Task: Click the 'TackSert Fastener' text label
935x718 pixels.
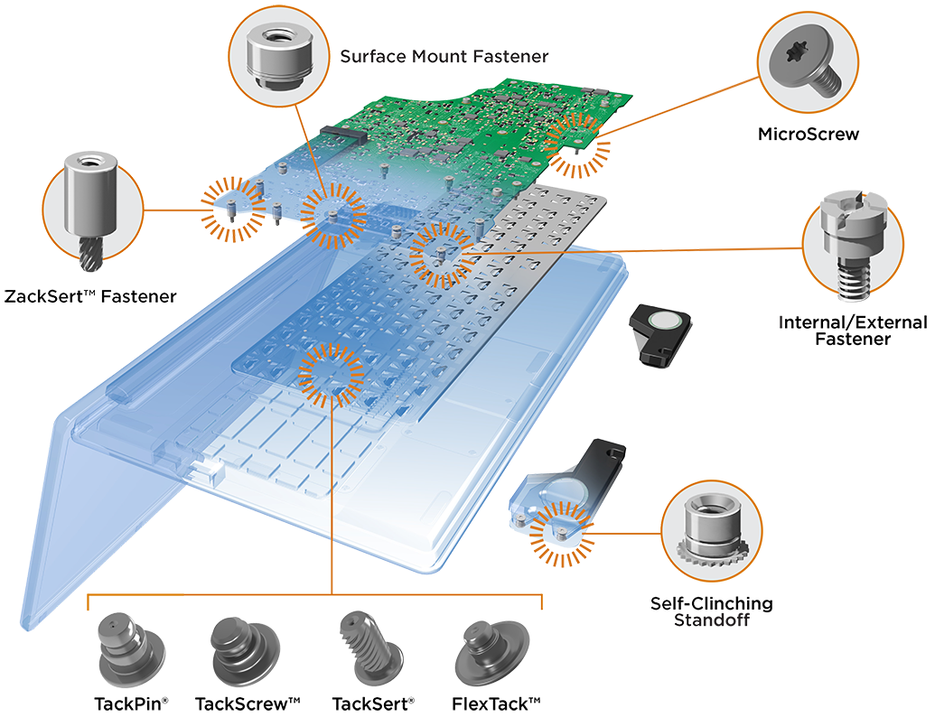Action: tap(90, 296)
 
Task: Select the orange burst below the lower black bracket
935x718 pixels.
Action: tap(556, 531)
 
